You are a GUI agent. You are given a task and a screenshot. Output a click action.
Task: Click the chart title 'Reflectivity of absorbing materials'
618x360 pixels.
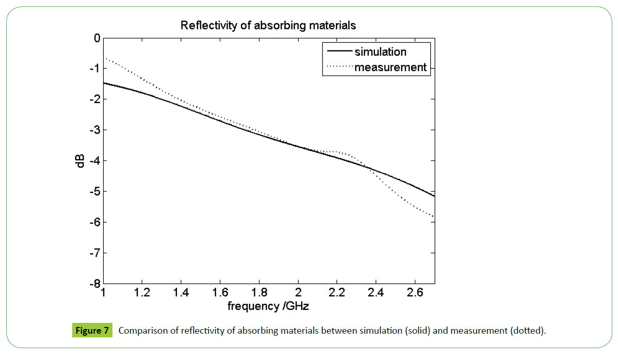point(268,25)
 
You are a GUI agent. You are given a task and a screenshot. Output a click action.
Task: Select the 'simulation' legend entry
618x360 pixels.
point(380,52)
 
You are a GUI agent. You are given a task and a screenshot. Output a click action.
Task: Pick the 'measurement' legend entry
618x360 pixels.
point(391,67)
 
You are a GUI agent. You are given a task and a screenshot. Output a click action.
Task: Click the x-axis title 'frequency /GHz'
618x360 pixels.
point(268,306)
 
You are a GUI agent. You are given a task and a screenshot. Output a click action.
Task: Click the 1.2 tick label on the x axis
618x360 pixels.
point(142,293)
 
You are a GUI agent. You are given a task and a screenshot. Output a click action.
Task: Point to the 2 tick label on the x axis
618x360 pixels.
point(298,293)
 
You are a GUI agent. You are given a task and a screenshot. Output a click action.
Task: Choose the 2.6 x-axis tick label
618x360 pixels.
point(415,293)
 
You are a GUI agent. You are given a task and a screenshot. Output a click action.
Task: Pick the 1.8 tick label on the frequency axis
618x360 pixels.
point(259,293)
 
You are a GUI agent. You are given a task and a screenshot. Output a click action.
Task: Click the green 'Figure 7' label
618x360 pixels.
point(91,331)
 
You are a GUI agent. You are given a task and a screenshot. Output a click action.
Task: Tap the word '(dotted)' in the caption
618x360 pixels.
point(527,331)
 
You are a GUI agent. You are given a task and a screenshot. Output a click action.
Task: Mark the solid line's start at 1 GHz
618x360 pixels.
point(104,83)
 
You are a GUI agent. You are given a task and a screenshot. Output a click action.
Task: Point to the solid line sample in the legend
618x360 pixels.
point(338,52)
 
